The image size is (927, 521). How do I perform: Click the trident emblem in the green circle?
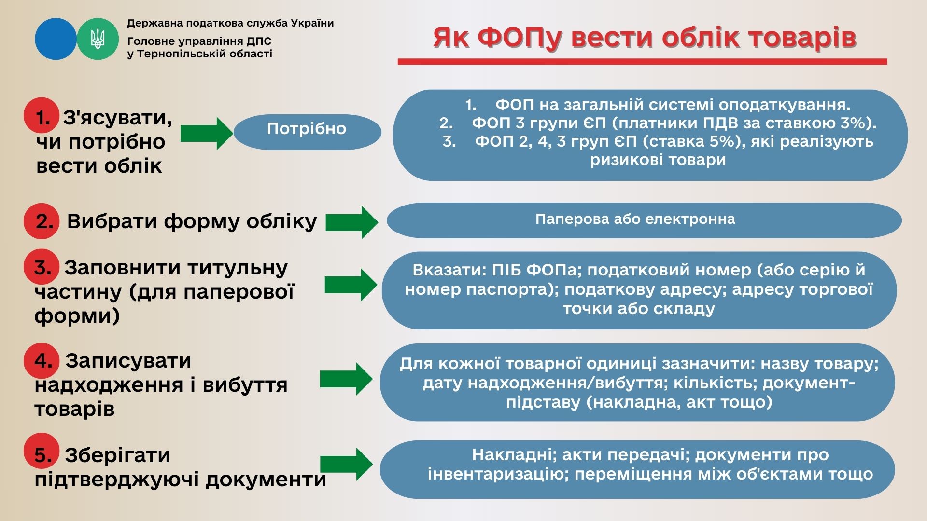tap(98, 39)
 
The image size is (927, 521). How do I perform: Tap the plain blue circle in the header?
tap(56, 39)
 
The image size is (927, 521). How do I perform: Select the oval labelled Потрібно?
tap(307, 132)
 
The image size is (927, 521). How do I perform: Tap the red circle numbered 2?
tap(42, 221)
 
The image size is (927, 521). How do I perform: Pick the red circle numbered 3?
tap(42, 267)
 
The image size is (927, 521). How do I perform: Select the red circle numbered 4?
tap(42, 360)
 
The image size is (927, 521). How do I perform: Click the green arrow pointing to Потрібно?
tap(207, 133)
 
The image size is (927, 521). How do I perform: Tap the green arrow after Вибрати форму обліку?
tap(351, 222)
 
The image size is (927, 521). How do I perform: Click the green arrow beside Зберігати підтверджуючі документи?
tap(346, 464)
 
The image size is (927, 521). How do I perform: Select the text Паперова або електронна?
tap(635, 219)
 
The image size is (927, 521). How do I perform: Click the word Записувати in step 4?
tap(128, 360)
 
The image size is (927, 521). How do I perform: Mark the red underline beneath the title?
tap(642, 62)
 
